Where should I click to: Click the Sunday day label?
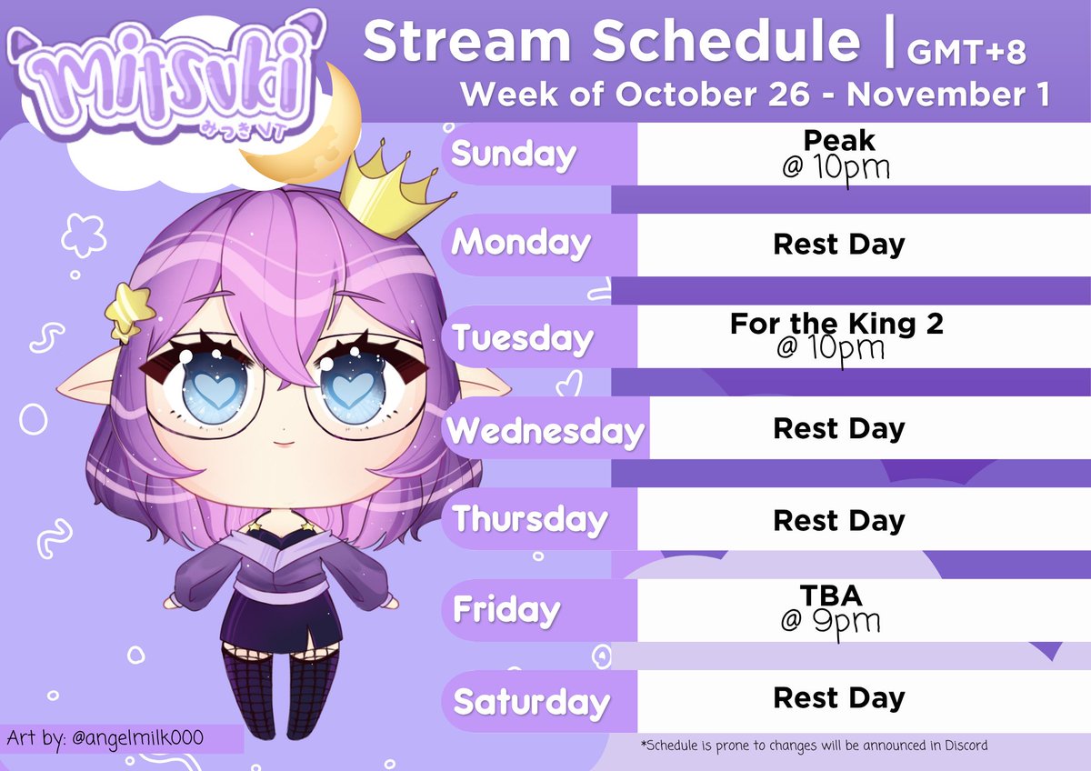pos(514,155)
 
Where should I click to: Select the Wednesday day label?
pos(545,430)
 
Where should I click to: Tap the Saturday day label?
pos(532,702)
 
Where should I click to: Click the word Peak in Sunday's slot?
pos(838,140)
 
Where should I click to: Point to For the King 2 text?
pos(836,324)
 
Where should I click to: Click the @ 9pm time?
pos(830,622)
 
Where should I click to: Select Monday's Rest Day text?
pos(838,245)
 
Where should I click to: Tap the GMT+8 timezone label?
pos(966,53)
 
